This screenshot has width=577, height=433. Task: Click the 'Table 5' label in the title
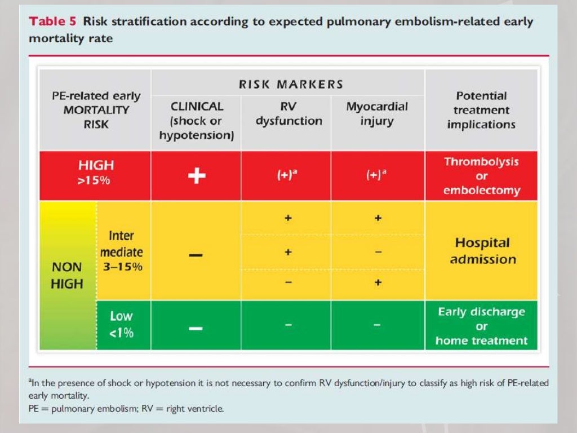(54, 22)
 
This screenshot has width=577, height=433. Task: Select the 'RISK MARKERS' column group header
(291, 85)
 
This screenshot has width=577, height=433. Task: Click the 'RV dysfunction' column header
(288, 114)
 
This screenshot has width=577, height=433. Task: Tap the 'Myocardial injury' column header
(377, 114)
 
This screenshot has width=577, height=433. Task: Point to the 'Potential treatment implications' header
(481, 111)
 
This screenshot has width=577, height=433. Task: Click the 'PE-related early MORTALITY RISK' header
(96, 111)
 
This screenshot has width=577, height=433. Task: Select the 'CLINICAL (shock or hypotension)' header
(197, 121)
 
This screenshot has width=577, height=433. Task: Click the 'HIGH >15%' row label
(96, 172)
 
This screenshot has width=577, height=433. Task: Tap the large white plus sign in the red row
(197, 176)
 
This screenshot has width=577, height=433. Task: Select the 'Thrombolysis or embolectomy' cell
(481, 176)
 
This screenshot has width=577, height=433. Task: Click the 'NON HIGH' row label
(66, 275)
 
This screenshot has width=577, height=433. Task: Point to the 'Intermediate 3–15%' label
(122, 251)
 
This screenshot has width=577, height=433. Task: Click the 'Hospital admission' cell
(482, 251)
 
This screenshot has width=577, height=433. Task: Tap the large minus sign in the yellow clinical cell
(196, 255)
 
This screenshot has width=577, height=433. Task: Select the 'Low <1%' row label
(122, 324)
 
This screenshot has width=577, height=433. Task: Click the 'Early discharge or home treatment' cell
(481, 326)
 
